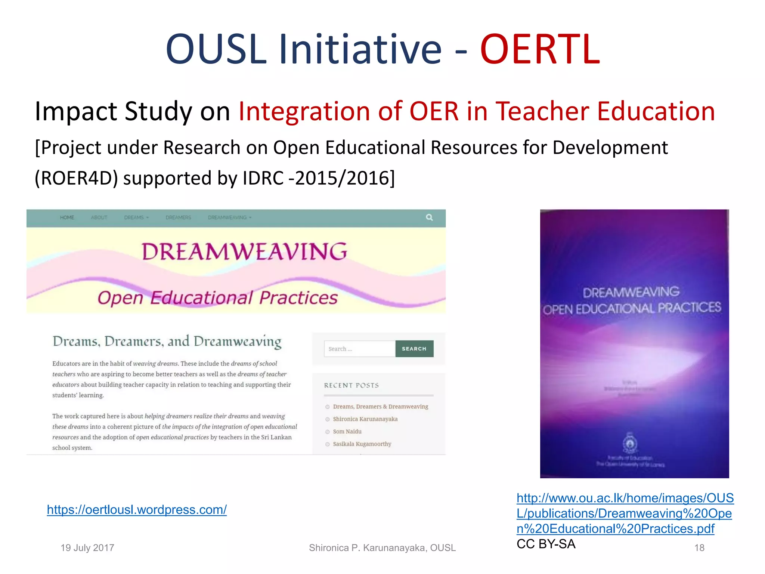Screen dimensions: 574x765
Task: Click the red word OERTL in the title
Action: tap(540, 49)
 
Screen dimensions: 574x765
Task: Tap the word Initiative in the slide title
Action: tap(360, 49)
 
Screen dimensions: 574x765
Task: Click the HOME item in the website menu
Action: tap(67, 217)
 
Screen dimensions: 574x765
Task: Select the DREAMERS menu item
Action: tap(178, 217)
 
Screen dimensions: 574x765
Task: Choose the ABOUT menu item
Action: tap(99, 217)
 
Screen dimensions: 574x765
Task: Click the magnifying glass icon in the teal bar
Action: tap(429, 217)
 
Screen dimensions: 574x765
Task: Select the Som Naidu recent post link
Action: tap(347, 432)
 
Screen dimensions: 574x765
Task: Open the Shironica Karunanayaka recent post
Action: tap(365, 419)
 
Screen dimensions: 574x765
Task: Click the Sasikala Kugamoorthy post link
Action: tap(362, 444)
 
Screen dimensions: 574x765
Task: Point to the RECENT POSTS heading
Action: tap(351, 385)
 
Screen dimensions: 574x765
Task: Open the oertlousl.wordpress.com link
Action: tap(137, 510)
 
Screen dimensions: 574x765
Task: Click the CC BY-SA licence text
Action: tap(546, 544)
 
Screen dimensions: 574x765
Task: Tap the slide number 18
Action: tap(699, 548)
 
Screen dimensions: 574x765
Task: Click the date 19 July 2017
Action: tap(87, 548)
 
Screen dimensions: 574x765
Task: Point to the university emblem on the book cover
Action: tap(630, 444)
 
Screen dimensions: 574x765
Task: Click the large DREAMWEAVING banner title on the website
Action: tap(244, 251)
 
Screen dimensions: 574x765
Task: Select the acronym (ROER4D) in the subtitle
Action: tap(76, 178)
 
